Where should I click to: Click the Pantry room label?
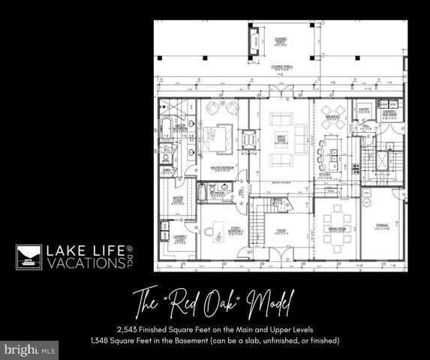(x=361, y=110)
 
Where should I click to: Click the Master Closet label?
(x=180, y=200)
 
